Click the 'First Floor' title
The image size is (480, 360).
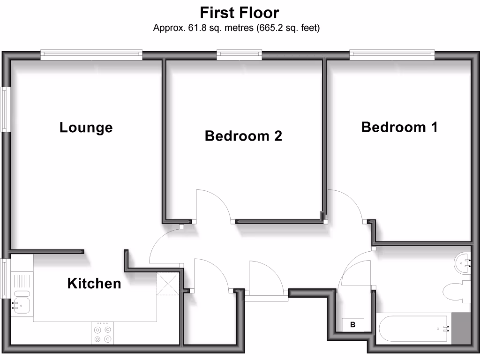point(240,12)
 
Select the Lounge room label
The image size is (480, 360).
point(86,127)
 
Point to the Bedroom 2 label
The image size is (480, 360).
point(243,136)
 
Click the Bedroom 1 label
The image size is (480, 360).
point(399,127)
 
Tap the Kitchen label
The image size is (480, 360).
point(94,284)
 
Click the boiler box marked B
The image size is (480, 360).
point(353,324)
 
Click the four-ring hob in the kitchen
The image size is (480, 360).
point(103,333)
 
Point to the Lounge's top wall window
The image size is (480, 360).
point(91,55)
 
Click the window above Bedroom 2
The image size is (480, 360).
point(239,55)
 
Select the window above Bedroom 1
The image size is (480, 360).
point(392,55)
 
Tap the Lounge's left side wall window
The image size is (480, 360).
point(5,109)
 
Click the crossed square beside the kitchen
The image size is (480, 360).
point(168,284)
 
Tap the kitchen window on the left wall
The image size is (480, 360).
point(4,278)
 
